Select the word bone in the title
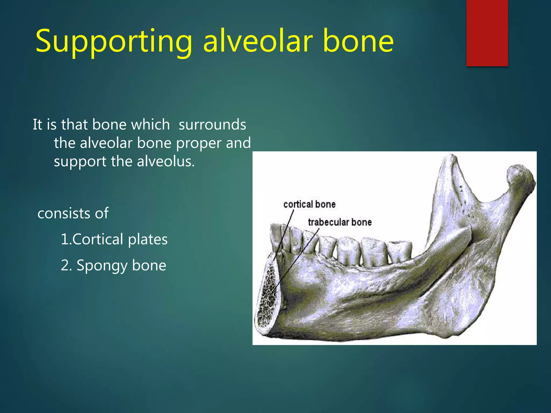click(358, 41)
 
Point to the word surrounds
click(212, 125)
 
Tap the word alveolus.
click(165, 162)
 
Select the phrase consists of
click(73, 213)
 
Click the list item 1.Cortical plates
click(114, 239)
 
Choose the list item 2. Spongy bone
click(113, 265)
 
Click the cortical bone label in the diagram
click(309, 205)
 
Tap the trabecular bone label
click(340, 222)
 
